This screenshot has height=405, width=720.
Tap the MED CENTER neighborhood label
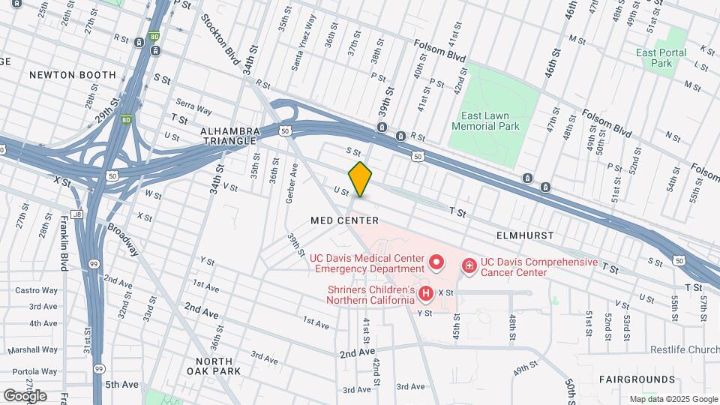coord(344,220)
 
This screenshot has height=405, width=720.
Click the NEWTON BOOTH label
coord(73,75)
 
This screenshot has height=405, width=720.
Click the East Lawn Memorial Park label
coord(486,121)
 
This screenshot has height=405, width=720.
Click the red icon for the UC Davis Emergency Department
coord(437,263)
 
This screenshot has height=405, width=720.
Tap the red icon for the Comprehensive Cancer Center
coord(469,265)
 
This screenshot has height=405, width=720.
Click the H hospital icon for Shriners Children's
coord(426,293)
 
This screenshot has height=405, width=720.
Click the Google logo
coord(25,395)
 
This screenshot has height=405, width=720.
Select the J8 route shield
coord(76,213)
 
